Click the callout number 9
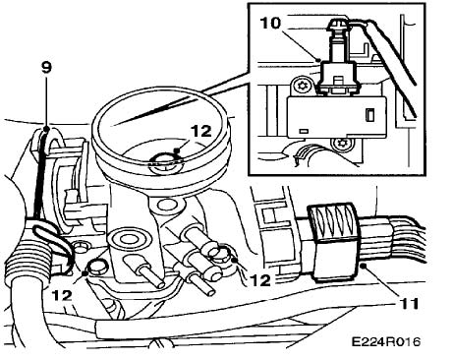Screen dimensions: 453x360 [46, 68]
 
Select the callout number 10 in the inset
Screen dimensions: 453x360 [270, 24]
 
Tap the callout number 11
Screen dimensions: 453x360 [409, 304]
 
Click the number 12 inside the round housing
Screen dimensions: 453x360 [200, 132]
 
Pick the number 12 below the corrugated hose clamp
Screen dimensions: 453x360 [62, 295]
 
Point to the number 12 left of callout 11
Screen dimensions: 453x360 [260, 280]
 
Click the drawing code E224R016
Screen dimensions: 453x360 [386, 342]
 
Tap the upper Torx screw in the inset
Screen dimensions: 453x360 [302, 87]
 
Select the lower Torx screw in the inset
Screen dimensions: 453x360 [343, 145]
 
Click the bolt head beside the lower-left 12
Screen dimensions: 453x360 [97, 267]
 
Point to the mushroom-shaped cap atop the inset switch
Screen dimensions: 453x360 [338, 25]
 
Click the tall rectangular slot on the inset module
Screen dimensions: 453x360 [369, 115]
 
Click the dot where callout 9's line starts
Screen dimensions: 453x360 [46, 129]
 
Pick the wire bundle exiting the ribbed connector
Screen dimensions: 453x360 [404, 239]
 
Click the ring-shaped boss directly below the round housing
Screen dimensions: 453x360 [167, 206]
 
